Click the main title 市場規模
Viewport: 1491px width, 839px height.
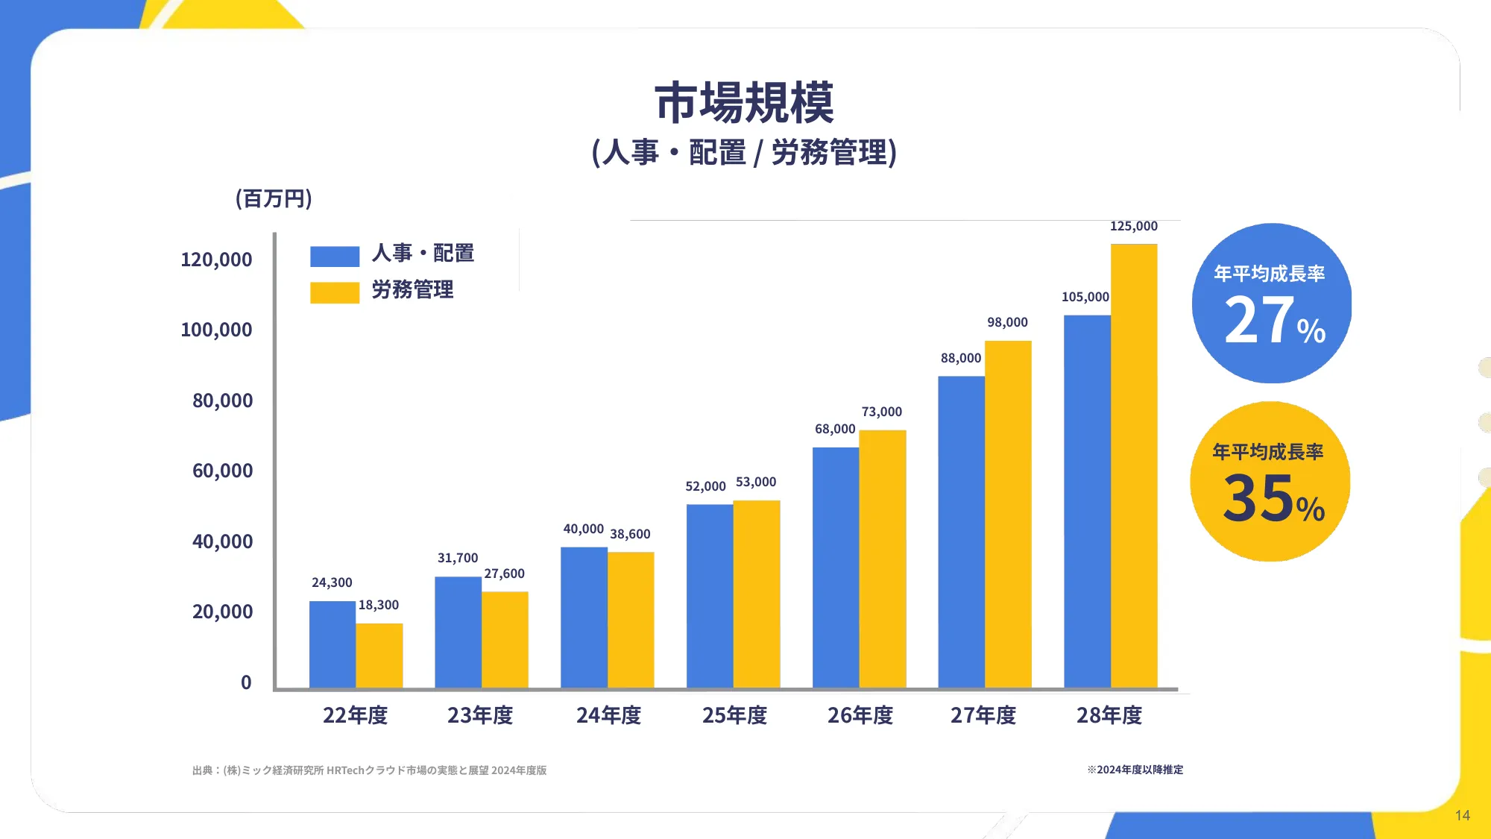(x=744, y=103)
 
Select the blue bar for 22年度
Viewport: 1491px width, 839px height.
(x=332, y=644)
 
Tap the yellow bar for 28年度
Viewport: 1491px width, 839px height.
(x=1134, y=466)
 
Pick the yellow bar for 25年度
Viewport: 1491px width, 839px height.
(x=757, y=594)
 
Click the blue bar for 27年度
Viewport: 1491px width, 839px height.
(x=961, y=532)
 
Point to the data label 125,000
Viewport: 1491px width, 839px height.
(x=1133, y=226)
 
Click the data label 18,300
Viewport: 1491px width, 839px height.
(x=379, y=605)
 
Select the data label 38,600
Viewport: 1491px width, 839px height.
(x=630, y=534)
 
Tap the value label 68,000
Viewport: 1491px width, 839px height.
(x=835, y=429)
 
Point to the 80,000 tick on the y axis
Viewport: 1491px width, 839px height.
(x=222, y=400)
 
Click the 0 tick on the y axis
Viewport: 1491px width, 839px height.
(x=246, y=682)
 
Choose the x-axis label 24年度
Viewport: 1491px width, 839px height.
(x=608, y=715)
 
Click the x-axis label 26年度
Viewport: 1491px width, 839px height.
(x=860, y=715)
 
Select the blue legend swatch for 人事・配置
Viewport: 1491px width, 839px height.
(x=335, y=257)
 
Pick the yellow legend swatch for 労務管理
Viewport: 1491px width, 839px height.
(x=335, y=292)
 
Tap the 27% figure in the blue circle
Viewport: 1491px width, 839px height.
(x=1273, y=321)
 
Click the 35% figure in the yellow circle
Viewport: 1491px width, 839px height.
(x=1273, y=499)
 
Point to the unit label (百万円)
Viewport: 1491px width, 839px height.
(x=274, y=198)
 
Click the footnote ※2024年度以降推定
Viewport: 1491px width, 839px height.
(x=1135, y=770)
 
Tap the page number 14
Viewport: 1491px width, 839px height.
(x=1462, y=815)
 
